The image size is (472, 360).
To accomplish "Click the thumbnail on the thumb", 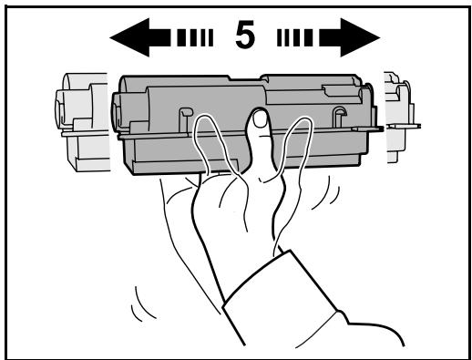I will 260,118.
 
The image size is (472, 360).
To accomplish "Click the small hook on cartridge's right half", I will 339,114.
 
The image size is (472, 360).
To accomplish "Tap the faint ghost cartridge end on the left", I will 80,118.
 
